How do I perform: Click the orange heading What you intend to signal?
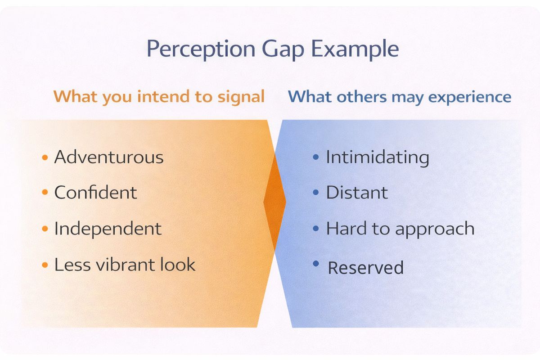click(x=159, y=97)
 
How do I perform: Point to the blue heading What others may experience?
click(x=400, y=97)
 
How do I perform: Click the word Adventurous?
click(x=109, y=157)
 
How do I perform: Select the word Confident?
click(x=95, y=193)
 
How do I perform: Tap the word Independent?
click(x=108, y=229)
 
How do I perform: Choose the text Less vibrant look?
click(x=125, y=265)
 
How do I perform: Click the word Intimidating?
click(x=377, y=157)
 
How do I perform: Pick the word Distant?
click(x=356, y=193)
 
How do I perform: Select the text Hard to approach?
click(x=400, y=229)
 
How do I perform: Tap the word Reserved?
click(x=365, y=268)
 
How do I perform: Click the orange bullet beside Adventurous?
click(x=45, y=157)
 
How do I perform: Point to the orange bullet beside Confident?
click(x=45, y=193)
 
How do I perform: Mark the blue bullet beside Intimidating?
click(x=316, y=157)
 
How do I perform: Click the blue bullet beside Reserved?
click(x=316, y=263)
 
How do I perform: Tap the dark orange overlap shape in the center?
click(x=274, y=202)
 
